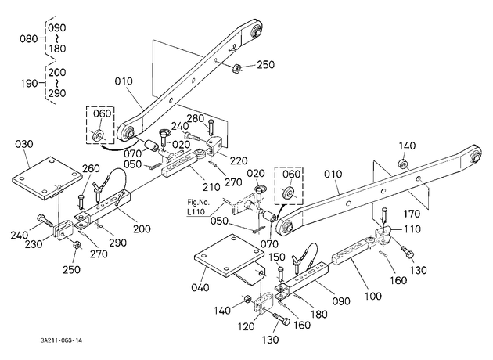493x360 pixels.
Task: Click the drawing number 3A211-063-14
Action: tap(61, 340)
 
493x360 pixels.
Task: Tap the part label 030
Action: tap(24, 144)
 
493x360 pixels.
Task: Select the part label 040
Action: tap(200, 287)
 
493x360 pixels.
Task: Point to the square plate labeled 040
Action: tap(230, 258)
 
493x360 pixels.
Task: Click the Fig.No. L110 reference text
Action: tap(198, 207)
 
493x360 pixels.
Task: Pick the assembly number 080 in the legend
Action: tap(29, 39)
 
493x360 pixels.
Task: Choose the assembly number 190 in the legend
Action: tap(29, 84)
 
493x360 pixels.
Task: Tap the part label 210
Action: tap(211, 187)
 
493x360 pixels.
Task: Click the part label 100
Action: tap(373, 296)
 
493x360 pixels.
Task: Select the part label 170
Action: tap(412, 214)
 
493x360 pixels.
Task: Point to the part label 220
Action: tap(239, 160)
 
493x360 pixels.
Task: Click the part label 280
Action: tap(196, 118)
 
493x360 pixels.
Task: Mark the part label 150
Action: tap(277, 257)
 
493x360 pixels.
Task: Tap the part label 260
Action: tap(91, 168)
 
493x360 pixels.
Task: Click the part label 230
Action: tap(34, 244)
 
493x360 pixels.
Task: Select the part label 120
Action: tap(246, 326)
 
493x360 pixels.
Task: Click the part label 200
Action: tap(142, 229)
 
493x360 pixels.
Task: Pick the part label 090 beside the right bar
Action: tap(341, 301)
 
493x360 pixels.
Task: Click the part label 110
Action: tap(412, 229)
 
